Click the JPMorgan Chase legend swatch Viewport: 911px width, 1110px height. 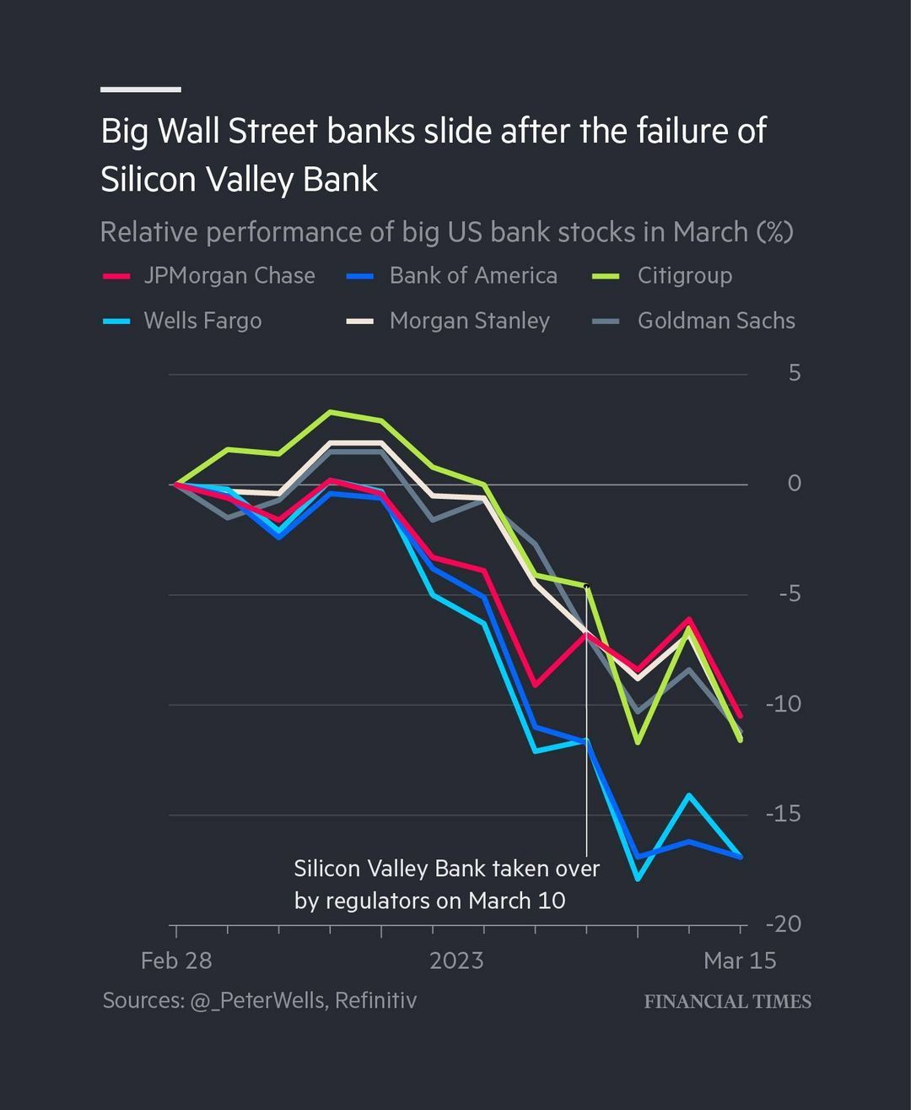(116, 276)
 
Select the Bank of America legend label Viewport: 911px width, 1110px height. (472, 276)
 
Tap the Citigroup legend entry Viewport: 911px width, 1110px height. (684, 276)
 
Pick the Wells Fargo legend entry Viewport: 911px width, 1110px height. (202, 321)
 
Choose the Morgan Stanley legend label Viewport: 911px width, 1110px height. (469, 321)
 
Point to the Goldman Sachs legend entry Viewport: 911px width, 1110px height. (715, 321)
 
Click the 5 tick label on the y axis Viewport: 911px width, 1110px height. (794, 373)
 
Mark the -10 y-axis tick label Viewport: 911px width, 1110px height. (783, 704)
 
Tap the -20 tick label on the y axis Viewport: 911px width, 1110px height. (783, 924)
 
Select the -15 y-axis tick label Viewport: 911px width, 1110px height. (783, 814)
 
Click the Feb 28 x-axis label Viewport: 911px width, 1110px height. (176, 961)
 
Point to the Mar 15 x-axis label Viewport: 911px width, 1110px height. (740, 961)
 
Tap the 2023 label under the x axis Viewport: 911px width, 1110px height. (456, 961)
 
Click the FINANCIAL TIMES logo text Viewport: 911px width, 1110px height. (727, 1002)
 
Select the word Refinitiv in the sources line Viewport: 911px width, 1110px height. (375, 1000)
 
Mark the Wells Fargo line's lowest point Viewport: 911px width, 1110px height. (638, 879)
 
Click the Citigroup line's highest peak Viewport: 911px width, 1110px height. (331, 412)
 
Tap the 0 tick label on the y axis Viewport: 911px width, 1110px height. (794, 484)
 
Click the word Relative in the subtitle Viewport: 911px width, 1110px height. (148, 232)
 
